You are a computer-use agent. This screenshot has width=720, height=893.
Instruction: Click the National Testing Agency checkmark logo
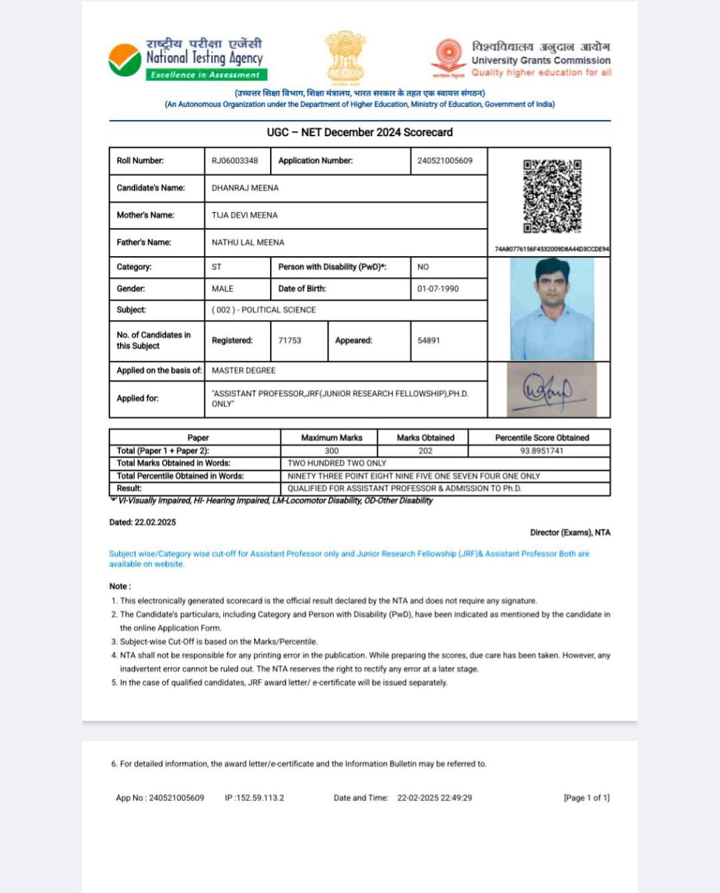pyautogui.click(x=125, y=60)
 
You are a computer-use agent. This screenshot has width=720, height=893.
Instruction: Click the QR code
pyautogui.click(x=552, y=197)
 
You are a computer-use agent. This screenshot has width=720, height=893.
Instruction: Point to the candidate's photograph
pyautogui.click(x=552, y=309)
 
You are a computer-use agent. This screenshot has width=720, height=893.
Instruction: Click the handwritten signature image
pyautogui.click(x=550, y=390)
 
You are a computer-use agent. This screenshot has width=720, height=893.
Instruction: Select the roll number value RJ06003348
pyautogui.click(x=234, y=160)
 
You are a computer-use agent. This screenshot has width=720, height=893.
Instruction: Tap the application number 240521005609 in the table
pyautogui.click(x=444, y=160)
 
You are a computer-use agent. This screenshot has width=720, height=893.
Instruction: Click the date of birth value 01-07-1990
pyautogui.click(x=438, y=289)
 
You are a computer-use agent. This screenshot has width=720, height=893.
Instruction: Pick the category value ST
pyautogui.click(x=216, y=267)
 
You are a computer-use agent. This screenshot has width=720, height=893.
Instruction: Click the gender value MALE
pyautogui.click(x=223, y=289)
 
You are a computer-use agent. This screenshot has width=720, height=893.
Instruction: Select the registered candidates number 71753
pyautogui.click(x=290, y=340)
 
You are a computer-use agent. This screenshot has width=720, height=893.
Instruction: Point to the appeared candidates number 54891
pyautogui.click(x=428, y=340)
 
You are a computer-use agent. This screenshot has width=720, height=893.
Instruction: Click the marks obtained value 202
pyautogui.click(x=425, y=451)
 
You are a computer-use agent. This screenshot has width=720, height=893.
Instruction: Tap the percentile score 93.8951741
pyautogui.click(x=541, y=451)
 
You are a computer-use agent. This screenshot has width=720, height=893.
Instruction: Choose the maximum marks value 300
pyautogui.click(x=331, y=451)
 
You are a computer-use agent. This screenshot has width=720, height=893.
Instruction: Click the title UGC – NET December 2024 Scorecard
pyautogui.click(x=359, y=132)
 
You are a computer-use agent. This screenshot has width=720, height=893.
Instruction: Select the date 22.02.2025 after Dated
pyautogui.click(x=156, y=522)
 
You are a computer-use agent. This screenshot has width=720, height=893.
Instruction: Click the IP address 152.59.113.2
pyautogui.click(x=260, y=797)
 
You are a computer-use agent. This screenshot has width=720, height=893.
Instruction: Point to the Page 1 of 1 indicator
pyautogui.click(x=586, y=797)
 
